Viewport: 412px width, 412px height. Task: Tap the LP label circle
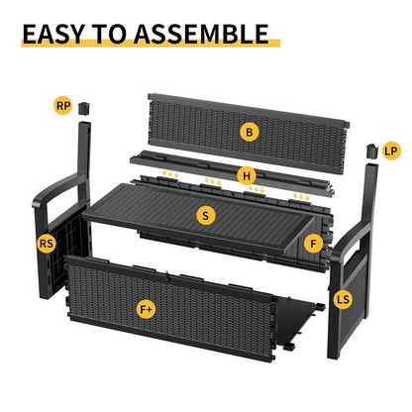coord(390,151)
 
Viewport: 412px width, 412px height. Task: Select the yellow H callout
coord(247,175)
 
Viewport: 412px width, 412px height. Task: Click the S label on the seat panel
coord(205,215)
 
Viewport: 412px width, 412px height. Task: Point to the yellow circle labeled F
coord(314,243)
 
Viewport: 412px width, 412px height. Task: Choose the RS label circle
coord(47,243)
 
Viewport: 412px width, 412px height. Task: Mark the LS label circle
coord(344,298)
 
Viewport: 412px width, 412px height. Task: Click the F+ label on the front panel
coord(146,309)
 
